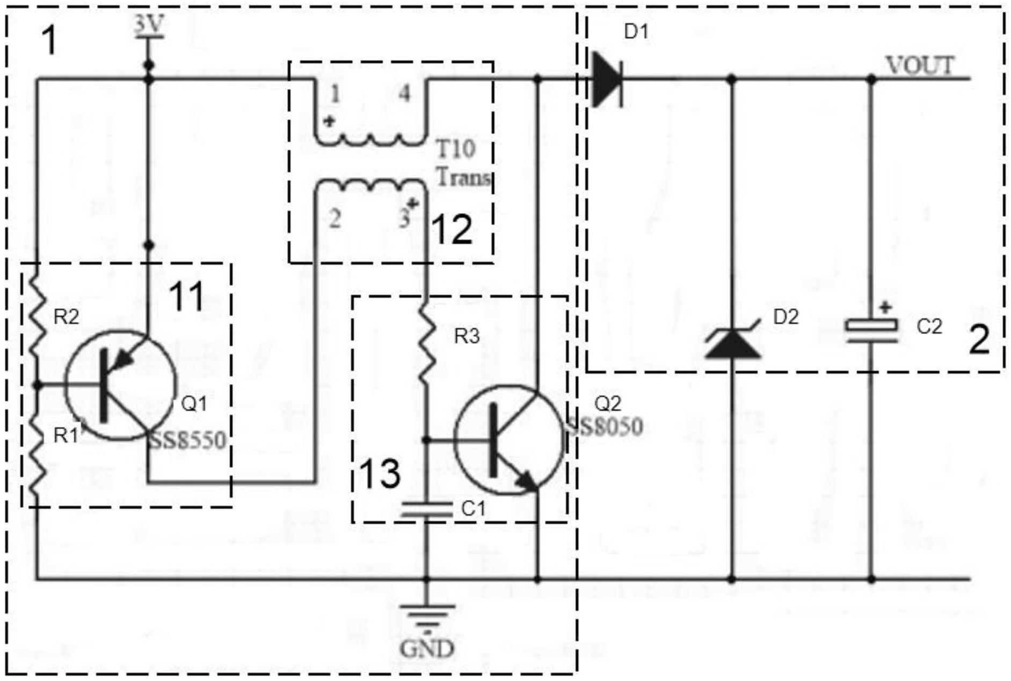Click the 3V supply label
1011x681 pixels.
point(149,25)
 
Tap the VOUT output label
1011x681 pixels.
point(920,66)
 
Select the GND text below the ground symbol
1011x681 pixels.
point(427,648)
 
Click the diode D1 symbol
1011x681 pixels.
point(607,79)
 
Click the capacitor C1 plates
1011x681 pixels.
point(427,509)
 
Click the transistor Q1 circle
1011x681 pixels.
point(121,385)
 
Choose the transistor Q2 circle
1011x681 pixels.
point(510,439)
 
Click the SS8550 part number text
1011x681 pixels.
point(187,440)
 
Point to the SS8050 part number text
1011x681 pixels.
point(603,427)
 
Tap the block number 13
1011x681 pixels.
point(380,474)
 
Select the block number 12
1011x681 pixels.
point(452,229)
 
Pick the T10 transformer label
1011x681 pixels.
point(455,148)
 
